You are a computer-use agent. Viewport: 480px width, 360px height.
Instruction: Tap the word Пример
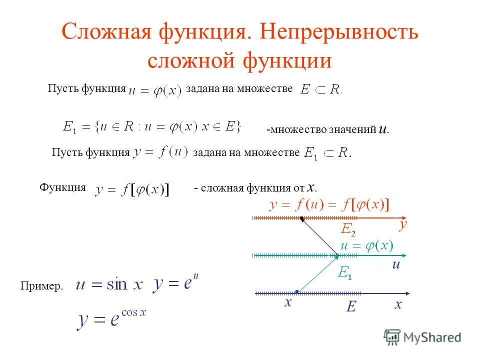pyautogui.click(x=42, y=286)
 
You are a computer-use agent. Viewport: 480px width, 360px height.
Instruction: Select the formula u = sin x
pyautogui.click(x=109, y=284)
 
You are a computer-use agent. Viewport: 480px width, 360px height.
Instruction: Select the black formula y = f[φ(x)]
pyautogui.click(x=132, y=189)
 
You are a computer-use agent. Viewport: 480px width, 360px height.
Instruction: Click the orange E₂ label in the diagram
pyautogui.click(x=348, y=229)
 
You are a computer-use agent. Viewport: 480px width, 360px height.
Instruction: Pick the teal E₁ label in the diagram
pyautogui.click(x=345, y=273)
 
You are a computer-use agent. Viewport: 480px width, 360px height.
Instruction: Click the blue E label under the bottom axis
pyautogui.click(x=351, y=306)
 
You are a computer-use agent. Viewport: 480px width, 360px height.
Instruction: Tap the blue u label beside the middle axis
pyautogui.click(x=396, y=265)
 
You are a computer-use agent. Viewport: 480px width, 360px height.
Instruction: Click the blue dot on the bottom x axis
pyautogui.click(x=297, y=291)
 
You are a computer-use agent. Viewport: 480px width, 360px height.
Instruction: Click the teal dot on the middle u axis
pyautogui.click(x=337, y=256)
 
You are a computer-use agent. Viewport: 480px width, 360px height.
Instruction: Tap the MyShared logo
pyautogui.click(x=423, y=336)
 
